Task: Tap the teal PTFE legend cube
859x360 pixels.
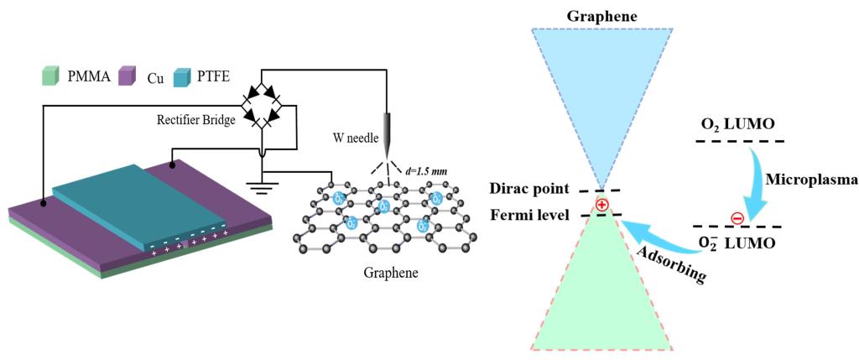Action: tap(184, 77)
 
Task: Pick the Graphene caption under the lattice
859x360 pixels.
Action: tap(391, 274)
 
